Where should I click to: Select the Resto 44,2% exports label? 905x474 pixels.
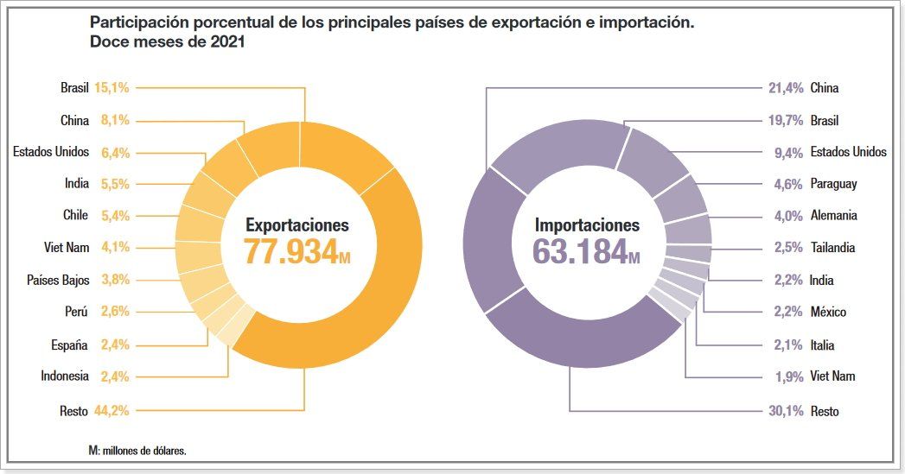pyautogui.click(x=94, y=411)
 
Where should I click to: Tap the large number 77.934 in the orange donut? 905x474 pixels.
pyautogui.click(x=290, y=251)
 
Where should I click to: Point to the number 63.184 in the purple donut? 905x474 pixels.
pyautogui.click(x=579, y=251)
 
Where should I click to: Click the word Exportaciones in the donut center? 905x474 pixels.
pyautogui.click(x=297, y=225)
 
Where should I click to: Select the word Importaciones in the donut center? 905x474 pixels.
pyautogui.click(x=587, y=225)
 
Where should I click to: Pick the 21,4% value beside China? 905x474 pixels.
pyautogui.click(x=786, y=87)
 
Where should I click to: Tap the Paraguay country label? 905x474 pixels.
pyautogui.click(x=833, y=184)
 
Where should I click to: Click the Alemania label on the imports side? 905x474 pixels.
pyautogui.click(x=833, y=216)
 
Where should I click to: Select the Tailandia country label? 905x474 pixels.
pyautogui.click(x=832, y=248)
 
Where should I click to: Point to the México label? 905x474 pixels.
pyautogui.click(x=828, y=312)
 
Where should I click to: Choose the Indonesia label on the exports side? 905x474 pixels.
pyautogui.click(x=64, y=376)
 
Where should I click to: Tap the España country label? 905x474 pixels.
pyautogui.click(x=69, y=345)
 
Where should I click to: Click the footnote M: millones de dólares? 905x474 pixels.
pyautogui.click(x=137, y=451)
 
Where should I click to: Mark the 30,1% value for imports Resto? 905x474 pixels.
pyautogui.click(x=786, y=412)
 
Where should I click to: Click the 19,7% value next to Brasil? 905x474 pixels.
pyautogui.click(x=786, y=121)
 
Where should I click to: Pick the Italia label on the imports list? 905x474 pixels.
pyautogui.click(x=822, y=345)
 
